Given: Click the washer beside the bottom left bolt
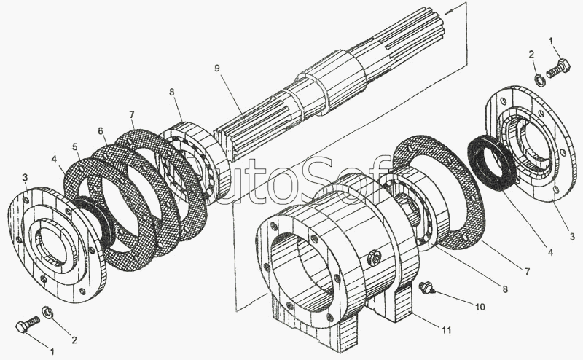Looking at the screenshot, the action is pyautogui.click(x=48, y=312).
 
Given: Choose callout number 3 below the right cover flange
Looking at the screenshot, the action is pyautogui.click(x=571, y=235).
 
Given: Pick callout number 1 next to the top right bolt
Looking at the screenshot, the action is pyautogui.click(x=552, y=41).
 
